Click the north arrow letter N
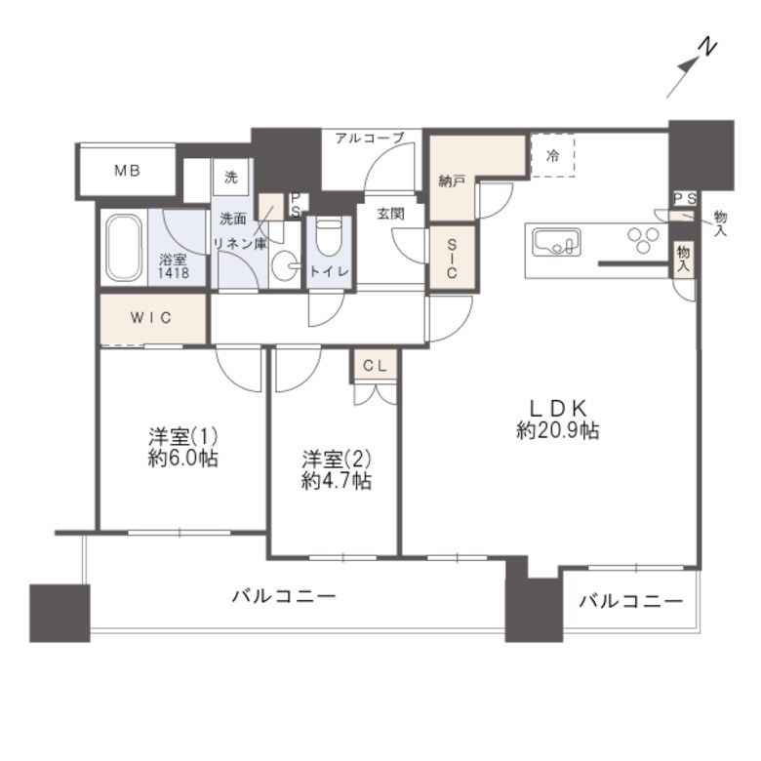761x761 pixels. [707, 47]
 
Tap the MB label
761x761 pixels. [127, 171]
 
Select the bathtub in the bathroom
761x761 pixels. [124, 248]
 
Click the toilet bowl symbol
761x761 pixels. [329, 237]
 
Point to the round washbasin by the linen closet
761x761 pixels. [285, 265]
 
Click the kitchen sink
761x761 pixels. [557, 242]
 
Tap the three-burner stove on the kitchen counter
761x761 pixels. [643, 240]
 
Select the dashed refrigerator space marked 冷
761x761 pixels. [553, 156]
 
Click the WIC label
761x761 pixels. [151, 318]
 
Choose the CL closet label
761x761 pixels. [376, 366]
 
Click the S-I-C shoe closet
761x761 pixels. [452, 258]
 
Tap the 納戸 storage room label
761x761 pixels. [452, 181]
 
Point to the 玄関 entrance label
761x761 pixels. [390, 214]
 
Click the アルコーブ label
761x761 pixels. [370, 139]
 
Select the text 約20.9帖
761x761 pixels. [558, 430]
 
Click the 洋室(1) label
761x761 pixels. [183, 437]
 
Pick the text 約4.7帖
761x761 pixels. [337, 481]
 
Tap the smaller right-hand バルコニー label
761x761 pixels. [631, 602]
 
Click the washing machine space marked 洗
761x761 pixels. [231, 178]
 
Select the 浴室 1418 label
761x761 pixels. [174, 265]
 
